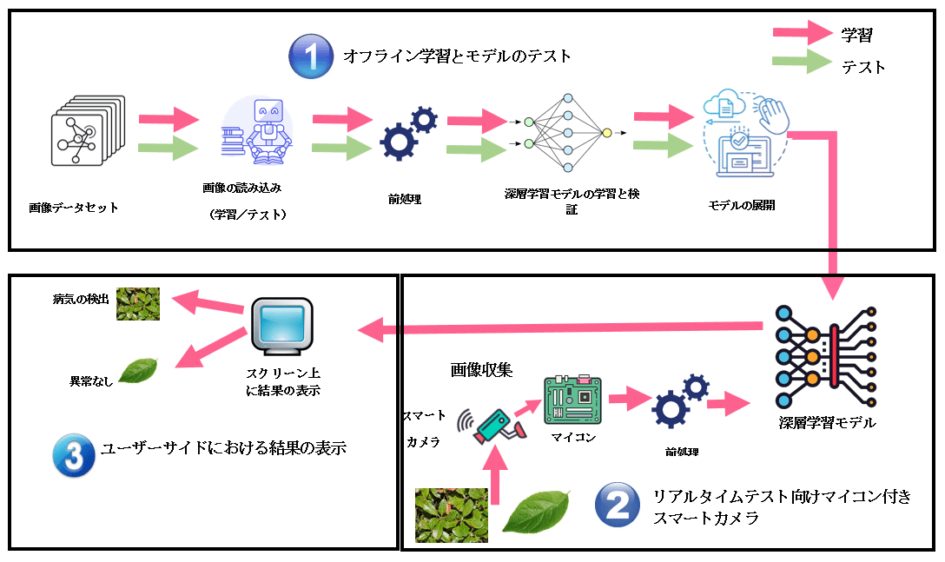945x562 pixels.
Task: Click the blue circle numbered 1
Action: click(x=311, y=57)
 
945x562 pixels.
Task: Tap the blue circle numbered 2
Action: click(x=618, y=506)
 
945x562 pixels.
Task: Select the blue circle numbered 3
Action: click(x=73, y=453)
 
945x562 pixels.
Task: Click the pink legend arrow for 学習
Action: click(x=803, y=35)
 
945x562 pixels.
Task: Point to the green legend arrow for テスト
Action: click(x=803, y=65)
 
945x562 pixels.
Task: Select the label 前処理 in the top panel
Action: click(x=405, y=199)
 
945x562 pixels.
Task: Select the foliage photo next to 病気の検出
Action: click(x=138, y=303)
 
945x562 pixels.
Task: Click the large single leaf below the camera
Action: click(x=537, y=512)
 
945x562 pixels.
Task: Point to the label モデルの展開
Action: click(x=742, y=206)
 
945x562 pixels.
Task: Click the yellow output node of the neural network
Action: click(x=606, y=133)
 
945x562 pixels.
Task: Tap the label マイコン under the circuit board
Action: click(x=574, y=438)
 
